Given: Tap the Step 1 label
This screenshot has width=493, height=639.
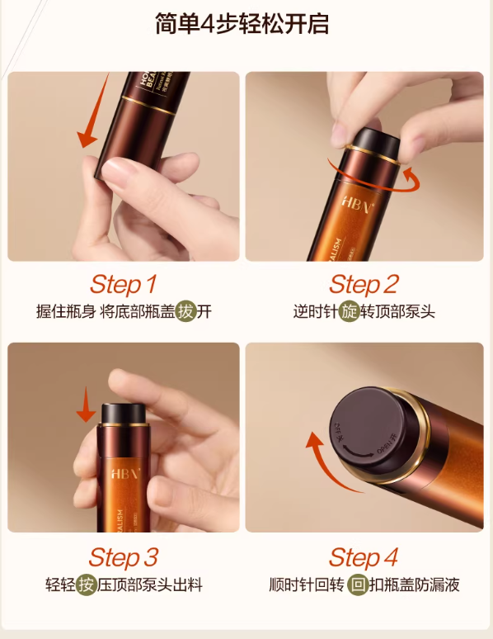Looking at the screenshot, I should click(123, 285).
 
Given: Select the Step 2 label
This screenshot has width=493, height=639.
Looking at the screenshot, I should click(364, 285).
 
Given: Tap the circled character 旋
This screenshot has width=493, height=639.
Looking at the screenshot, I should click(350, 312).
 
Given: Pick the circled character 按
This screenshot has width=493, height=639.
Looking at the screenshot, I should click(87, 585).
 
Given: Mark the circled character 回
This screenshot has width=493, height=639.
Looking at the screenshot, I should click(357, 585).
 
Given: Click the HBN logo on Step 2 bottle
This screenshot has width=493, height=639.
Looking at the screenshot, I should click(360, 201).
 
